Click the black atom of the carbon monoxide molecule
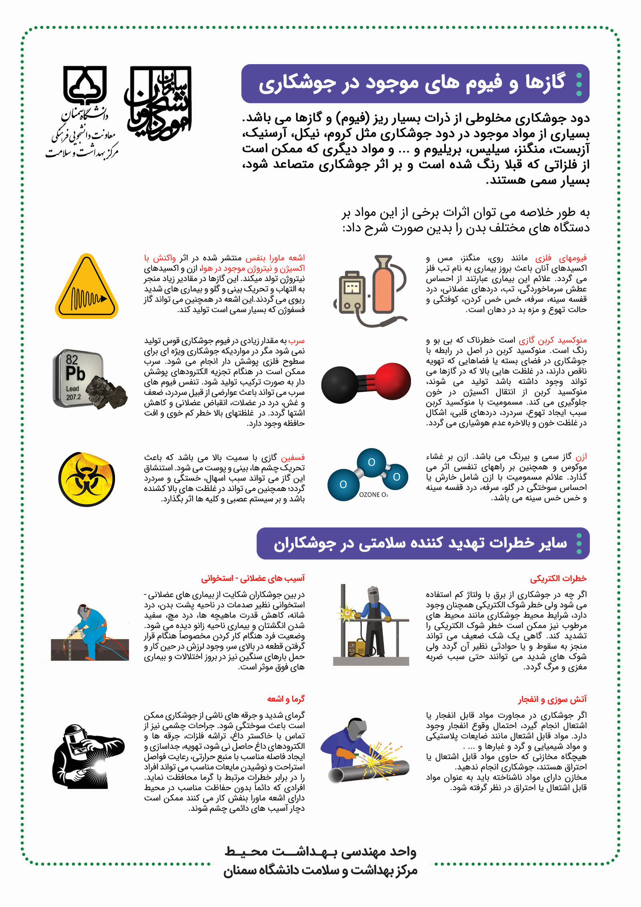pos(339,385)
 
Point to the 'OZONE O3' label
pos(373,495)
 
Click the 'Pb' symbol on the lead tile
pos(75,374)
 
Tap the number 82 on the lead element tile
pos(72,359)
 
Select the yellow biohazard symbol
pos(87,479)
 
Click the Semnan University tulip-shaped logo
pos(85,85)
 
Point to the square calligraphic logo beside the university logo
pos(159,103)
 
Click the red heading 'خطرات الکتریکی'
pos(558,578)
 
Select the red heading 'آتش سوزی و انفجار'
pos(552,699)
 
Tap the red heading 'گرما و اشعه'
pos(286,699)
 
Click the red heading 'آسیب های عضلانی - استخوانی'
pos(253,578)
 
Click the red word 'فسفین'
pos(293,457)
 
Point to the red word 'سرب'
pos(296,341)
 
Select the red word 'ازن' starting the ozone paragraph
pos(581,457)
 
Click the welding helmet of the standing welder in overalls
pos(373,593)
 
